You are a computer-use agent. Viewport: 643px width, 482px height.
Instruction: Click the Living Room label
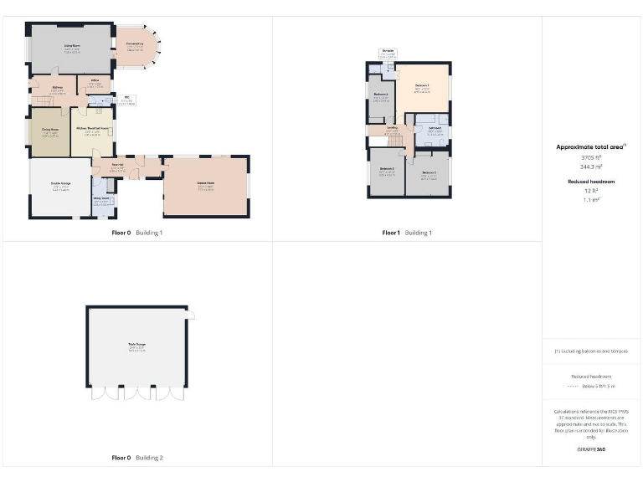point(71,48)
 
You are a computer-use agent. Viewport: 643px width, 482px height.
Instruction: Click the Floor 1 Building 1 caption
point(407,233)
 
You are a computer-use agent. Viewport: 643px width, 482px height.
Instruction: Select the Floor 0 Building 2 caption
point(137,458)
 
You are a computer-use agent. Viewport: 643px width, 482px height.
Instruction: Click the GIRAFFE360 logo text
point(592,450)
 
